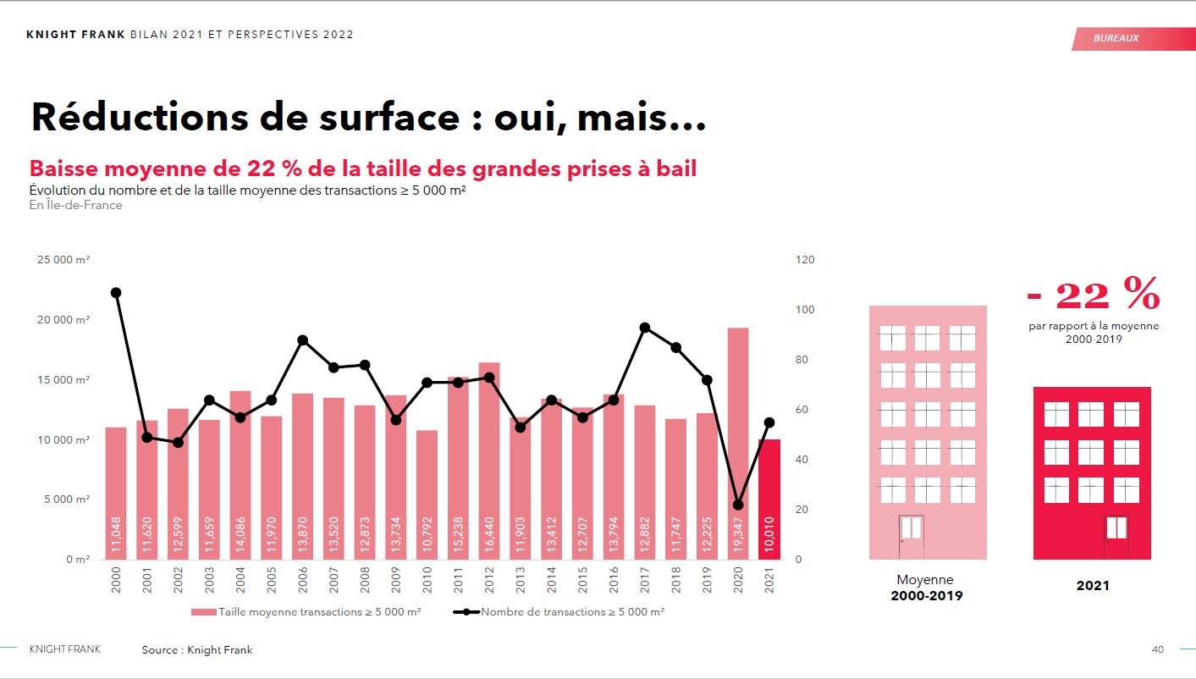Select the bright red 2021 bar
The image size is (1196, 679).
(769, 500)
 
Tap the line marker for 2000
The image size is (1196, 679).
(116, 293)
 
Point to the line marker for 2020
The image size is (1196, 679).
(738, 505)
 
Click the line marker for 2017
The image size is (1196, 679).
(645, 328)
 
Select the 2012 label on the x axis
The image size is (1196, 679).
(489, 581)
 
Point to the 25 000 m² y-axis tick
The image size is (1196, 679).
(64, 260)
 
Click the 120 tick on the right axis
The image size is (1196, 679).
(805, 260)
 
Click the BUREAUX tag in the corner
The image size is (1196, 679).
(1116, 39)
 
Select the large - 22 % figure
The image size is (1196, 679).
(1093, 295)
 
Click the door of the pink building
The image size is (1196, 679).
(911, 537)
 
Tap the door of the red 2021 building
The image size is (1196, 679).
(1116, 537)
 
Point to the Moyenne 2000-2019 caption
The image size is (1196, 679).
(925, 588)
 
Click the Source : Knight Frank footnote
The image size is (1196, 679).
(197, 649)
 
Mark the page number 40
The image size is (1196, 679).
(1157, 649)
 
